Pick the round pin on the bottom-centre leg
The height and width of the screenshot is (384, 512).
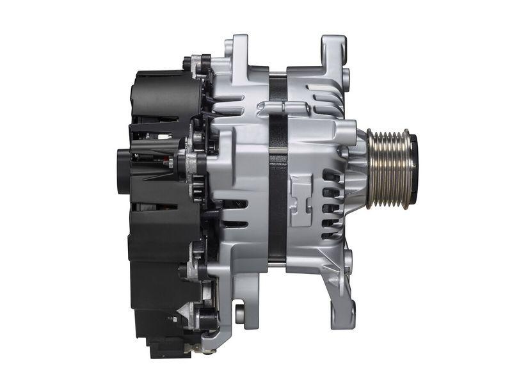click(x=240, y=314)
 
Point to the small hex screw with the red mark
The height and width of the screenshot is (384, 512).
click(x=171, y=163)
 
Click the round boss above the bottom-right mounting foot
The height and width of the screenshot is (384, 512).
click(x=348, y=259)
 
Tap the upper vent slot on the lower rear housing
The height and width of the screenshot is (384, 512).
click(x=234, y=204)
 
